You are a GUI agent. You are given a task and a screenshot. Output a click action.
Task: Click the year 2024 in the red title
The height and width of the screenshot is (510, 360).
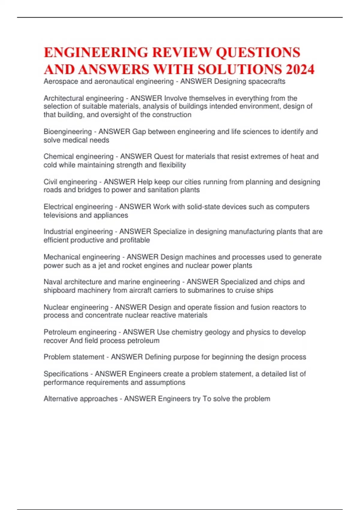tap(300, 69)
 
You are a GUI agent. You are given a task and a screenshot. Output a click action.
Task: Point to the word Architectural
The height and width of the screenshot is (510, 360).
tap(63, 98)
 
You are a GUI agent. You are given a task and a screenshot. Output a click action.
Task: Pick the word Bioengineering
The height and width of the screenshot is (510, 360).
tap(67, 132)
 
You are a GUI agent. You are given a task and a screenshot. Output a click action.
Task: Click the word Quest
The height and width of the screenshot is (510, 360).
tap(163, 157)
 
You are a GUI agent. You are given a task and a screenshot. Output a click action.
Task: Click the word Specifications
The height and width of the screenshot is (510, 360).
tap(66, 374)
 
